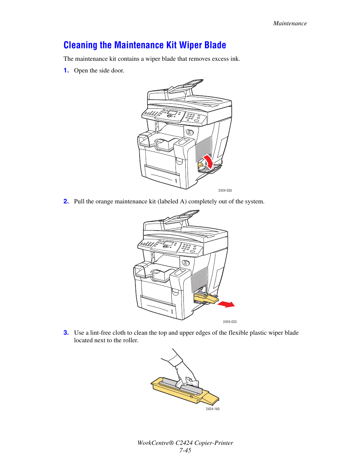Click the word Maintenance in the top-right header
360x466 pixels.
[290, 23]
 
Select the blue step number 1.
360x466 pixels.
[66, 71]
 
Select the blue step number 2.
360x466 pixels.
[66, 201]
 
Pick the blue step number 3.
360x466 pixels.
[66, 333]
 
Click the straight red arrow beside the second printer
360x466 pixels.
[226, 304]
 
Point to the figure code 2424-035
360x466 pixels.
[225, 191]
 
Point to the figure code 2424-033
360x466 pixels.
[229, 322]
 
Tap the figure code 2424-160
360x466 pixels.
[212, 409]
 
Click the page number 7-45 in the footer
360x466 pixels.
[185, 451]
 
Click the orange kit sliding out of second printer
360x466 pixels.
[206, 299]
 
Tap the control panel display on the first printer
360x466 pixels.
[173, 113]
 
